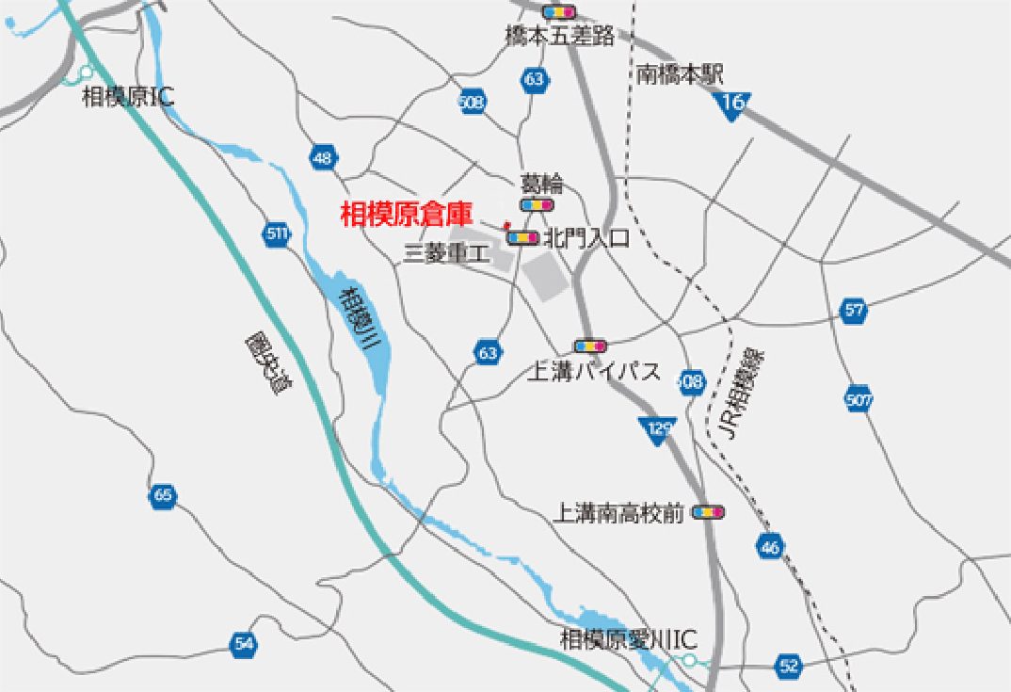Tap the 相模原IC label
pos(128,96)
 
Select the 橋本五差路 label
pos(560,36)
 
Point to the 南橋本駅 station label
pos(680,75)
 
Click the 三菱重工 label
pos(447,251)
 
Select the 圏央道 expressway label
pos(265,362)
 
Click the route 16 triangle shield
pos(733,104)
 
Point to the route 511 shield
pos(278,233)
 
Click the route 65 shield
pos(163,496)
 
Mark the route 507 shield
pos(859,398)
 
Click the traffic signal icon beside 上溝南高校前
pos(708,512)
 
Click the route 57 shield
pos(854,311)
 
